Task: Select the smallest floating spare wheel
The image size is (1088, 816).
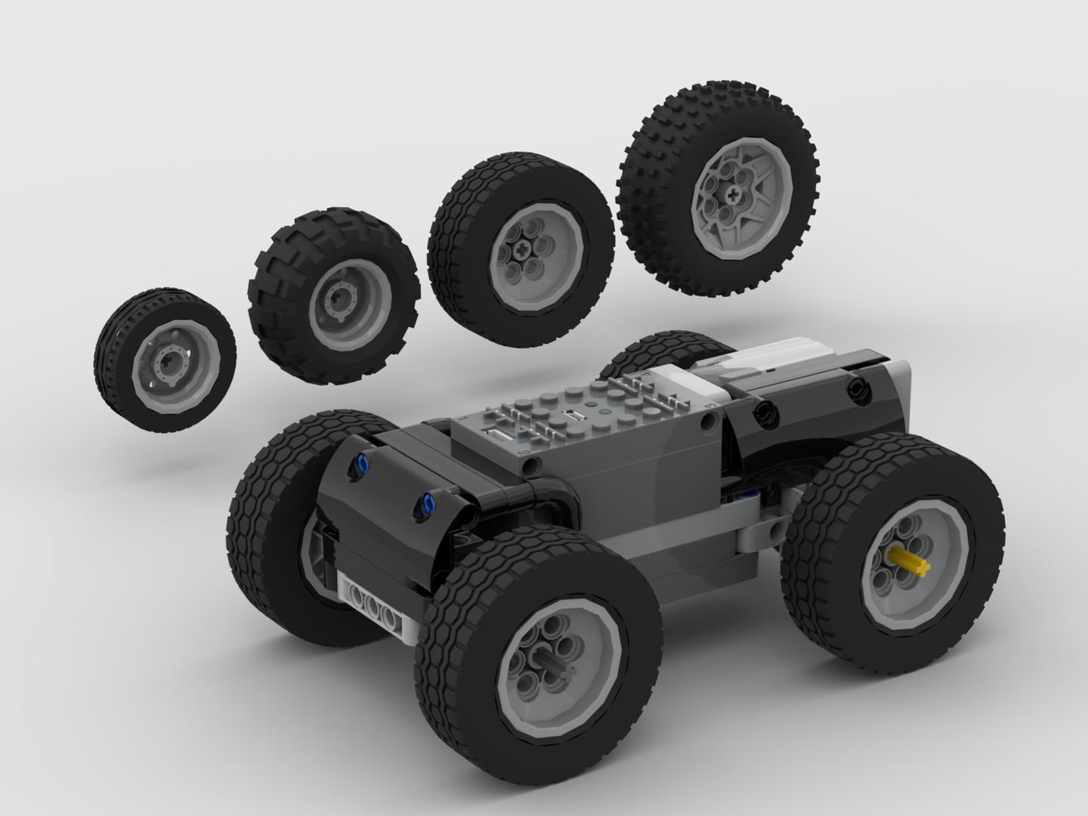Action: click(x=164, y=360)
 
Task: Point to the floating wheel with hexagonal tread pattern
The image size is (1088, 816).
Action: click(x=520, y=249)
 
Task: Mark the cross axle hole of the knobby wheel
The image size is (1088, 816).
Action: click(x=733, y=194)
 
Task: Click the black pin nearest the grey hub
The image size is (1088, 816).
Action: click(x=764, y=413)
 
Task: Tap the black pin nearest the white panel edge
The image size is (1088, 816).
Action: click(x=856, y=389)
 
